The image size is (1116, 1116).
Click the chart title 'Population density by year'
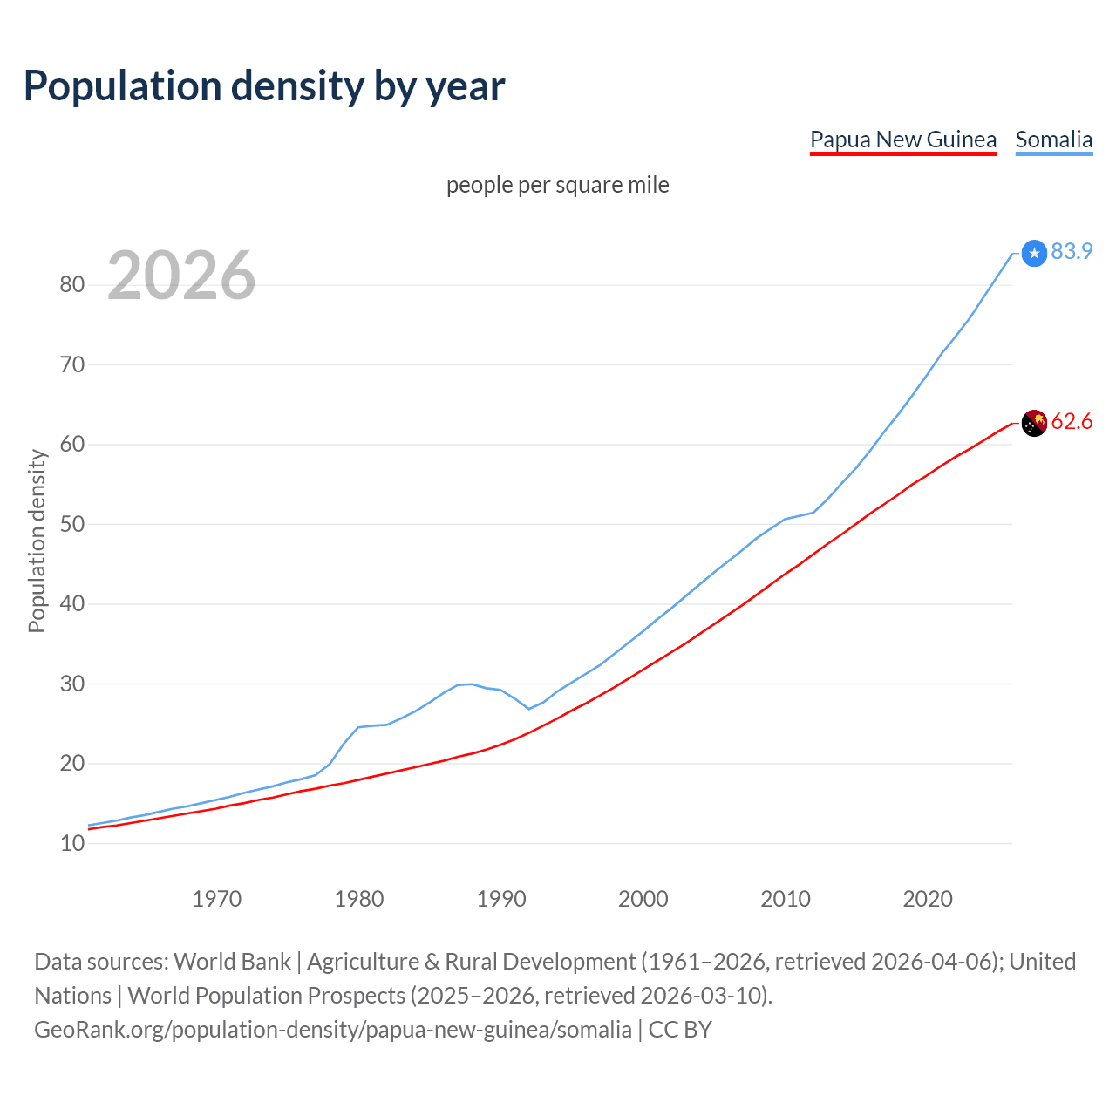click(x=264, y=86)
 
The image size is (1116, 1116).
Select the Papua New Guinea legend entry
click(x=902, y=139)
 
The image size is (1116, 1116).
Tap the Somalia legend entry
click(x=1053, y=139)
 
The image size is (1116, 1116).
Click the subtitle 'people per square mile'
click(x=557, y=185)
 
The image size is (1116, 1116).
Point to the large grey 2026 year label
click(x=181, y=276)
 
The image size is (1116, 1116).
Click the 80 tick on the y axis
click(x=72, y=285)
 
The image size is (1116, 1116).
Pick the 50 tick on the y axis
click(x=72, y=524)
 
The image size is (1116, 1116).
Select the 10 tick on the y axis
click(x=72, y=843)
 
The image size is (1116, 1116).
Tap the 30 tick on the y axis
click(x=72, y=684)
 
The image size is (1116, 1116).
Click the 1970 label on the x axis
click(x=216, y=899)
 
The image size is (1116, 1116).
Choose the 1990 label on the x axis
click(x=501, y=899)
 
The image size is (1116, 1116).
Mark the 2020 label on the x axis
click(x=928, y=899)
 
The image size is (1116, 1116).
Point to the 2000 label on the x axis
click(x=643, y=899)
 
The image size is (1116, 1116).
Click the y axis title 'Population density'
click(x=37, y=541)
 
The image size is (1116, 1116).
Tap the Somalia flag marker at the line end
click(x=1034, y=254)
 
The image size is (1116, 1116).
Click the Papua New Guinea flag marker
click(x=1034, y=423)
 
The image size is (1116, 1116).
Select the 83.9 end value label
click(x=1072, y=251)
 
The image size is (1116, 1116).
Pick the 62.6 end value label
click(x=1072, y=422)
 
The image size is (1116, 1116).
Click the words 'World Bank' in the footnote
click(x=232, y=962)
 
